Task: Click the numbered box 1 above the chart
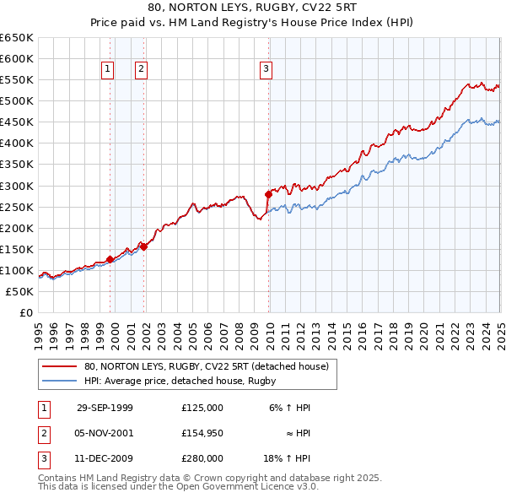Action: click(x=109, y=70)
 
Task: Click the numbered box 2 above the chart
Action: click(x=141, y=70)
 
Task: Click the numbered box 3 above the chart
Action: click(x=266, y=70)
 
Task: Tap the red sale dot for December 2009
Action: click(x=268, y=194)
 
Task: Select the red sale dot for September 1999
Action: click(x=110, y=260)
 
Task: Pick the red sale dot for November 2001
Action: click(x=143, y=246)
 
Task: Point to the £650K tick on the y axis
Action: click(x=17, y=38)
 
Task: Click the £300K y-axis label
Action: click(x=17, y=186)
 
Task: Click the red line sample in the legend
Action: click(x=59, y=366)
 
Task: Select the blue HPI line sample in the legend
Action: click(x=59, y=381)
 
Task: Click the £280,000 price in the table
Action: click(x=202, y=458)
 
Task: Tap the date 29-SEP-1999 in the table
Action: click(x=105, y=408)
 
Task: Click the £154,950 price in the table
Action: click(x=202, y=433)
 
